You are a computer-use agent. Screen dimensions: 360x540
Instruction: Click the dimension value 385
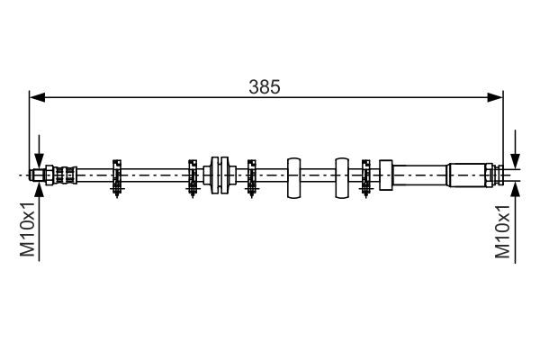(x=265, y=87)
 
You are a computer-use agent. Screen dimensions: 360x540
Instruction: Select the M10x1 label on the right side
(x=505, y=231)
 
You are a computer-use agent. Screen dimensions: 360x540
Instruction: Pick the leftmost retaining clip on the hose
(x=117, y=175)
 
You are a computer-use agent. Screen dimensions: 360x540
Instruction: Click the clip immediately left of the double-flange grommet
(x=193, y=175)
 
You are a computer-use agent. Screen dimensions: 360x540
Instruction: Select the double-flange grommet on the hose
(x=220, y=174)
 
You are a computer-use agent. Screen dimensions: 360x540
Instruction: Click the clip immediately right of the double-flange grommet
(x=250, y=175)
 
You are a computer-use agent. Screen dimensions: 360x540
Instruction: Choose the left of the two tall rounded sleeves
(x=293, y=176)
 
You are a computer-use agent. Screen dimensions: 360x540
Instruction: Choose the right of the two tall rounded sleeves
(x=341, y=176)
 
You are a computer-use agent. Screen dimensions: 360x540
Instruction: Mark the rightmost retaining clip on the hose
(x=365, y=175)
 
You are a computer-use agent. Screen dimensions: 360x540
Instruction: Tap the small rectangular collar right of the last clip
(x=386, y=175)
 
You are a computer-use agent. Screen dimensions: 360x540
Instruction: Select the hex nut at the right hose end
(x=490, y=173)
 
